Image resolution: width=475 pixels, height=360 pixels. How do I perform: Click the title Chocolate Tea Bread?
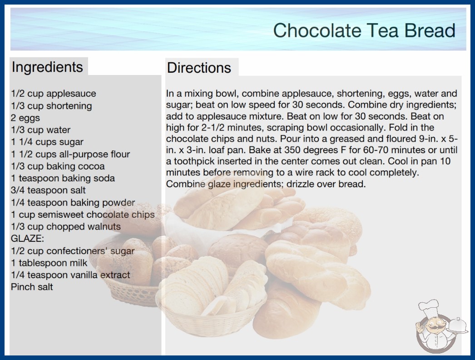pyautogui.click(x=364, y=30)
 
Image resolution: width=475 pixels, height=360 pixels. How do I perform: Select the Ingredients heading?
pyautogui.click(x=47, y=67)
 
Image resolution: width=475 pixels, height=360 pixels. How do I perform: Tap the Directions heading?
pyautogui.click(x=199, y=68)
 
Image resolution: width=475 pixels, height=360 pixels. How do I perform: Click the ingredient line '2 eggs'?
pyautogui.click(x=25, y=118)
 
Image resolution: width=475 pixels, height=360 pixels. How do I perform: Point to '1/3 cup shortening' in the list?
pyautogui.click(x=51, y=105)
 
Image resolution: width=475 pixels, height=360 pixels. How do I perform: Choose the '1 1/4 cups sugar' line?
pyautogui.click(x=47, y=142)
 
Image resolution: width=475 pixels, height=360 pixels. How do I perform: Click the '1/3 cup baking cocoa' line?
pyautogui.click(x=58, y=166)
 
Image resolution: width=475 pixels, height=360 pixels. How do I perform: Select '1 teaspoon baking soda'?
pyautogui.click(x=63, y=178)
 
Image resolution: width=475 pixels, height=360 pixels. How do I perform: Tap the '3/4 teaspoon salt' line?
pyautogui.click(x=48, y=190)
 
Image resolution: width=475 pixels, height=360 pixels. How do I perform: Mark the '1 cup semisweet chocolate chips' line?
pyautogui.click(x=83, y=215)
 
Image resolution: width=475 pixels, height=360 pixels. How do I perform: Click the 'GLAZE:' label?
pyautogui.click(x=27, y=238)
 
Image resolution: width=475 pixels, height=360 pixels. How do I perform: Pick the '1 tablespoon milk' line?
pyautogui.click(x=49, y=263)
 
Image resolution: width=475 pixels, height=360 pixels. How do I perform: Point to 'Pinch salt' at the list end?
pyautogui.click(x=32, y=287)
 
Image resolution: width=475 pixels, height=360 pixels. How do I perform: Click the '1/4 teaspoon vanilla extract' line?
pyautogui.click(x=70, y=275)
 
